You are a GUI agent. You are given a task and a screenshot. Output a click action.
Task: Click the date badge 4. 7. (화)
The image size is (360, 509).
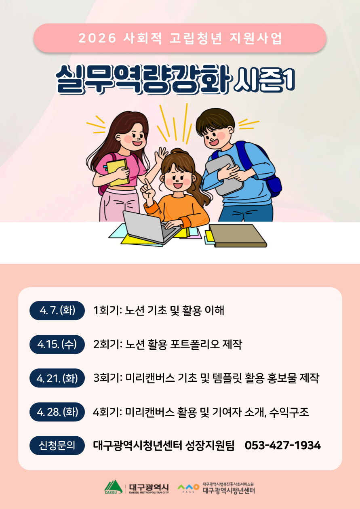point(57,310)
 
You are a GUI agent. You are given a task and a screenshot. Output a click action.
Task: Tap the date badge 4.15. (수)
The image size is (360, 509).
point(57,344)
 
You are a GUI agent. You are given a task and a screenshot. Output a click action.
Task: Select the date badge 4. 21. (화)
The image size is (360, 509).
point(57,378)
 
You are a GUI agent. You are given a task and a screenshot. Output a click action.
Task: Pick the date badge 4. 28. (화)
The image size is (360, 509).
point(57,412)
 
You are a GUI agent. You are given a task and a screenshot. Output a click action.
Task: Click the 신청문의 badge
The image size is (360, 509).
point(57,445)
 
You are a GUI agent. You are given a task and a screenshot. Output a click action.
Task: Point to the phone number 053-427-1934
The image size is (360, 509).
point(283,445)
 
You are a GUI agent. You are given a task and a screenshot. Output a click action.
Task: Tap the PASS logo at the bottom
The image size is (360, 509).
point(188,488)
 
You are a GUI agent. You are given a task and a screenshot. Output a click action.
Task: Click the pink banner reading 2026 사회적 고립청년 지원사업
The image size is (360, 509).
point(180,38)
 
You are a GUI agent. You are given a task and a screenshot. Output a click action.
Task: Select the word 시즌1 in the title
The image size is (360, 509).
point(265,80)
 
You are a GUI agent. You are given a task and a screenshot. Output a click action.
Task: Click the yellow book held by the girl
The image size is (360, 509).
point(118,172)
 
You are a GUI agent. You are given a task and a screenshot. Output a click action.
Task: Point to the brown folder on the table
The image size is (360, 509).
point(238,236)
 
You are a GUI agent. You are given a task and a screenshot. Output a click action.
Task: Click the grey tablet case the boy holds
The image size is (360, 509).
point(224,175)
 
